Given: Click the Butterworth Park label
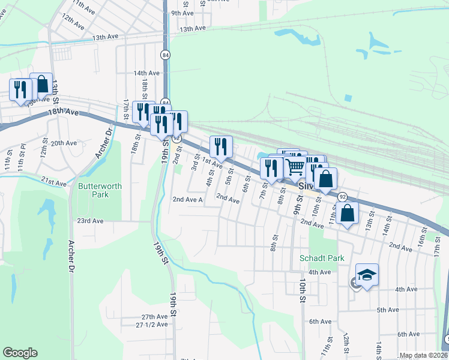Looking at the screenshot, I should tap(100, 190).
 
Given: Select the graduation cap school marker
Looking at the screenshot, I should tap(367, 275).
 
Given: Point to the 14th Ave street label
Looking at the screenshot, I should tap(146, 73).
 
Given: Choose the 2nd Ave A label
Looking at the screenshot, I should tap(187, 200).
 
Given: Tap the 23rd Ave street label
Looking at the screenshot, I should tap(90, 221).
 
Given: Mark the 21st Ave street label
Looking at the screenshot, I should tap(53, 180).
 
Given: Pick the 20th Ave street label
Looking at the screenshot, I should tap(64, 143).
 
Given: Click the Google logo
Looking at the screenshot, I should tap(20, 353).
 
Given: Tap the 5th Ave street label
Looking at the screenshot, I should tap(388, 310).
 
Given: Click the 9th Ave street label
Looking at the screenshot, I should tap(182, 13).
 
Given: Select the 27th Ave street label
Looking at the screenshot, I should tap(154, 316).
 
